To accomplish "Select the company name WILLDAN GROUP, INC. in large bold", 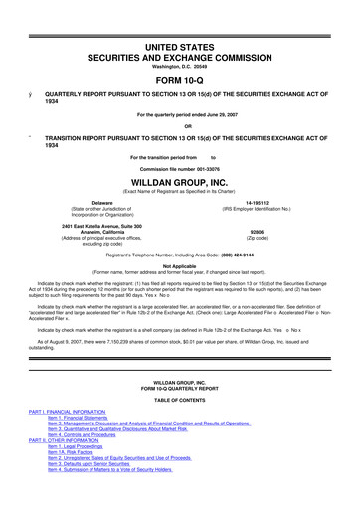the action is pyautogui.click(x=179, y=184).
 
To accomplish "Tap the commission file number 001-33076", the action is pyautogui.click(x=209, y=170).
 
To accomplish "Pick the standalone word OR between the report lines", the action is pyautogui.click(x=180, y=125).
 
